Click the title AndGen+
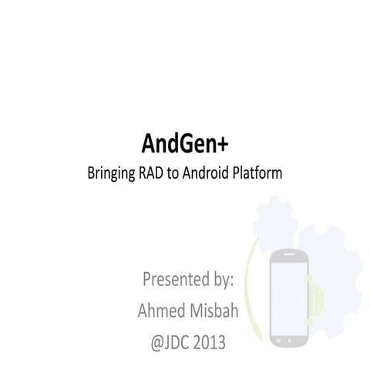[x=185, y=143]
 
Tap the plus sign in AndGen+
[x=224, y=143]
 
